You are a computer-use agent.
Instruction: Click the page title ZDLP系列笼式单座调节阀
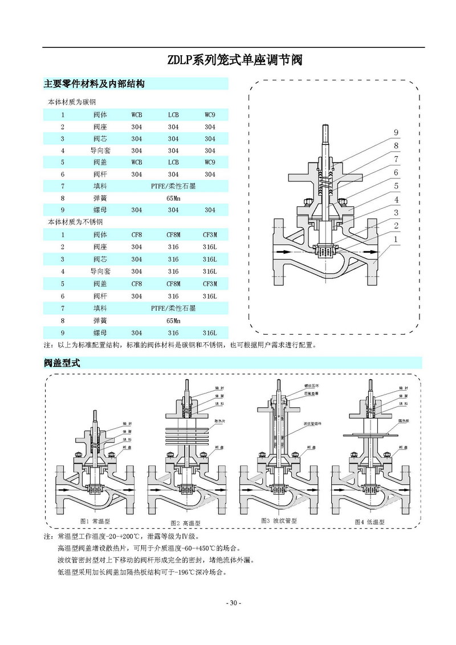click(x=234, y=60)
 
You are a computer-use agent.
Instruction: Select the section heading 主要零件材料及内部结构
click(x=94, y=84)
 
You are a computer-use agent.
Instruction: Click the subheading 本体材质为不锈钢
click(x=74, y=221)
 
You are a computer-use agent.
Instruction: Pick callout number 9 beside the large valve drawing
click(x=396, y=133)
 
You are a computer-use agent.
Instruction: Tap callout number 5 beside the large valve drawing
click(x=396, y=186)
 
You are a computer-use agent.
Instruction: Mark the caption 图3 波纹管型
click(x=279, y=521)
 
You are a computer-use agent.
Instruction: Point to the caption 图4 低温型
click(x=370, y=522)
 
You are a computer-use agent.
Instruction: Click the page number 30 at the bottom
click(x=234, y=603)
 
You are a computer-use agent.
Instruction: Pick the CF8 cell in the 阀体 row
click(x=137, y=234)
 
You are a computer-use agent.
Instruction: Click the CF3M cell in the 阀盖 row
click(x=210, y=283)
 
